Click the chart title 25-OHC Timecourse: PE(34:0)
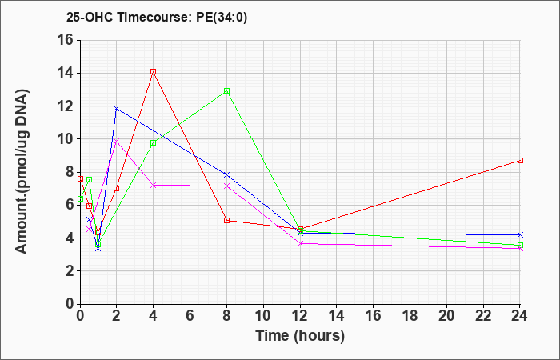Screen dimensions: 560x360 [x=157, y=18]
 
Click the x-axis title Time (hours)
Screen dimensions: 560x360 [x=300, y=336]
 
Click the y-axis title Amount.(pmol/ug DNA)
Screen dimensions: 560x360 [x=22, y=171]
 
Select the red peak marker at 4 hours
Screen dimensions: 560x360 [x=154, y=72]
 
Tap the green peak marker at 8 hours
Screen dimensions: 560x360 [x=226, y=90]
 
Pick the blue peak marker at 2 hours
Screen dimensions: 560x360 [x=117, y=108]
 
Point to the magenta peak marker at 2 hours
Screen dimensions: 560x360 [x=117, y=141]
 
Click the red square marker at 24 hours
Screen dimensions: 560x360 [x=520, y=160]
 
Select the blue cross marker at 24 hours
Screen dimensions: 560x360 [x=520, y=234]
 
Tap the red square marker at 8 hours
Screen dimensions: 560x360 [x=226, y=220]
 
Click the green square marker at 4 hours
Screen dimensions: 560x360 [x=154, y=143]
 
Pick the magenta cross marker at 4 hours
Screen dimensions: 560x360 [x=154, y=185]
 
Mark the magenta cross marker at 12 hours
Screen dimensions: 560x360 [x=300, y=243]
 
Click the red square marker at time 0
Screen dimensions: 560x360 [x=80, y=178]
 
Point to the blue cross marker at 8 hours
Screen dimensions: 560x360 [x=226, y=174]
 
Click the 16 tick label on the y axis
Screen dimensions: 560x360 [x=66, y=40]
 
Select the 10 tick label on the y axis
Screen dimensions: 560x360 [x=66, y=139]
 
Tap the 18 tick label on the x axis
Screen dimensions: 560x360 [x=410, y=316]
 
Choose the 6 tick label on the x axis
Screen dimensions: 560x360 [x=190, y=316]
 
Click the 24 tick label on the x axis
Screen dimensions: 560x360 [x=519, y=316]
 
